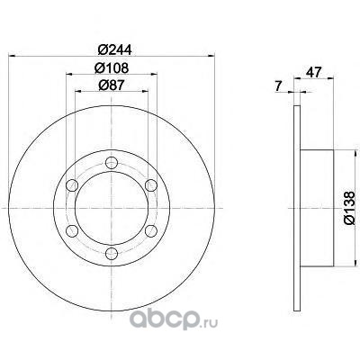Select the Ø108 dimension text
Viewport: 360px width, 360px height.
click(x=112, y=68)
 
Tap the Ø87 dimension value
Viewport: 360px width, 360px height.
click(x=111, y=85)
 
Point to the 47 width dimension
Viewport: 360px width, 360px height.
click(x=313, y=72)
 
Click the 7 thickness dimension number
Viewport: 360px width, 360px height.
click(x=278, y=86)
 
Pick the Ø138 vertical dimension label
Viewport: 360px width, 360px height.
click(x=349, y=208)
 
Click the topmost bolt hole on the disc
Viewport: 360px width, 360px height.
click(x=112, y=163)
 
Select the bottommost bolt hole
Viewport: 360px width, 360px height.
click(x=112, y=253)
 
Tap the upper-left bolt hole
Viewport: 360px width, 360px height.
click(x=72, y=185)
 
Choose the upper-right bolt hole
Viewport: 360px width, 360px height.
click(x=150, y=185)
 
